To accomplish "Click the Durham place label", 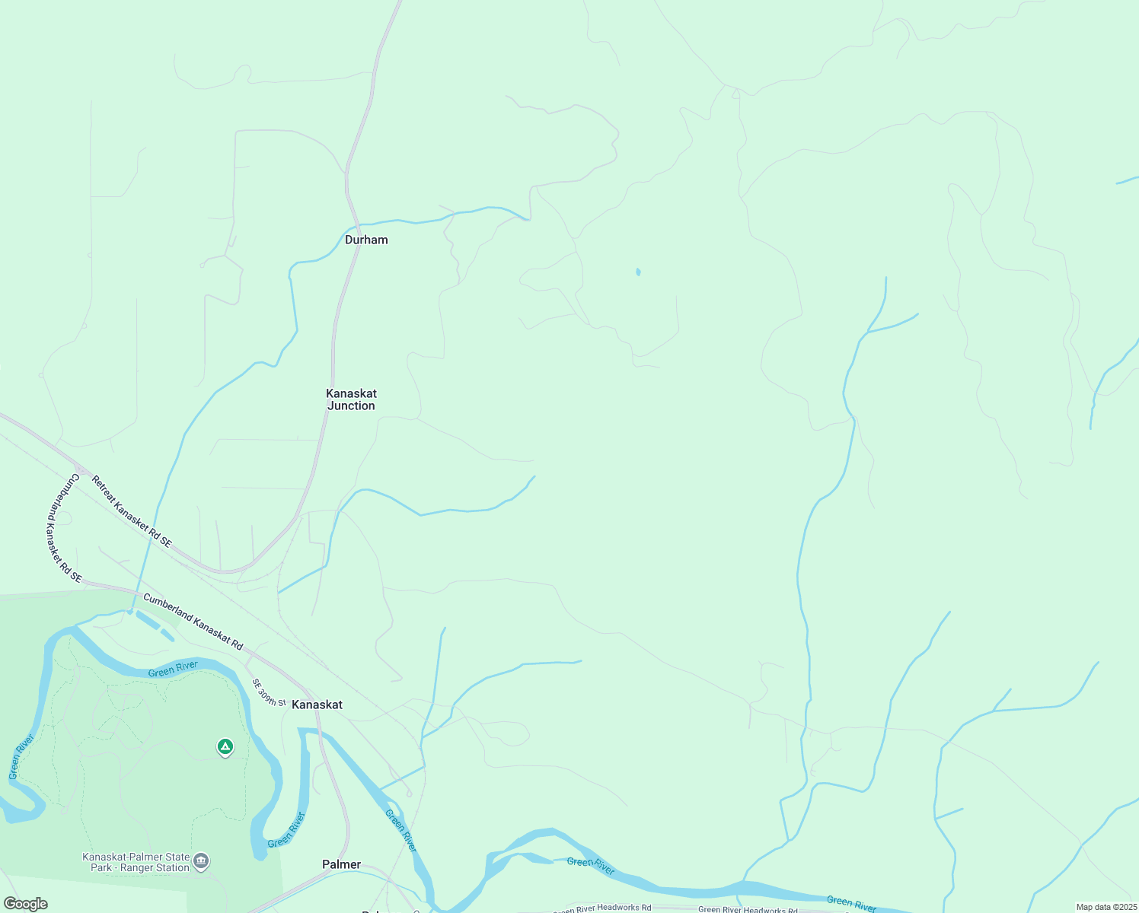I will pyautogui.click(x=366, y=240).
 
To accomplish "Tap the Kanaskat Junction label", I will pyautogui.click(x=351, y=399).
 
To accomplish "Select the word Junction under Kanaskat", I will pyautogui.click(x=351, y=406).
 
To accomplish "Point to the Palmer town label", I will pyautogui.click(x=341, y=864).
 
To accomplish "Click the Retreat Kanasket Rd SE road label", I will pyautogui.click(x=132, y=511).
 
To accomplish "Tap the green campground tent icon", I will pyautogui.click(x=225, y=747).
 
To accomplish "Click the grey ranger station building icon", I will pyautogui.click(x=201, y=861).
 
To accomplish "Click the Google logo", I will pyautogui.click(x=26, y=904).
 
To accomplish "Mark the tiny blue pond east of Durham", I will pyautogui.click(x=638, y=272).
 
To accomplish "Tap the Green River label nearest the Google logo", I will pyautogui.click(x=21, y=756).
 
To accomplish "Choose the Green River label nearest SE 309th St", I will pyautogui.click(x=173, y=669).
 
